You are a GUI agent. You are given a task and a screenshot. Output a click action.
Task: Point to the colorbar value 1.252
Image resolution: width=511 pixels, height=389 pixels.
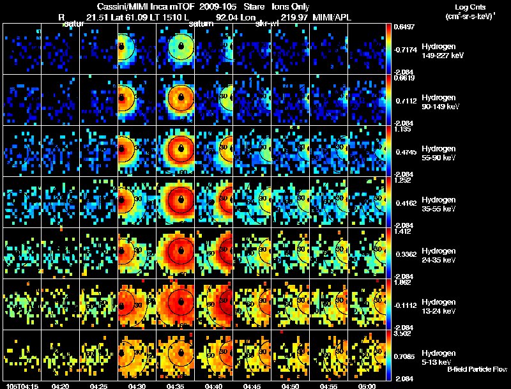(404, 180)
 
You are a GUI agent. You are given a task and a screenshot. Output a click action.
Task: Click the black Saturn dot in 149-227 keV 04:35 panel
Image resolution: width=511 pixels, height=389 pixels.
(182, 47)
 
